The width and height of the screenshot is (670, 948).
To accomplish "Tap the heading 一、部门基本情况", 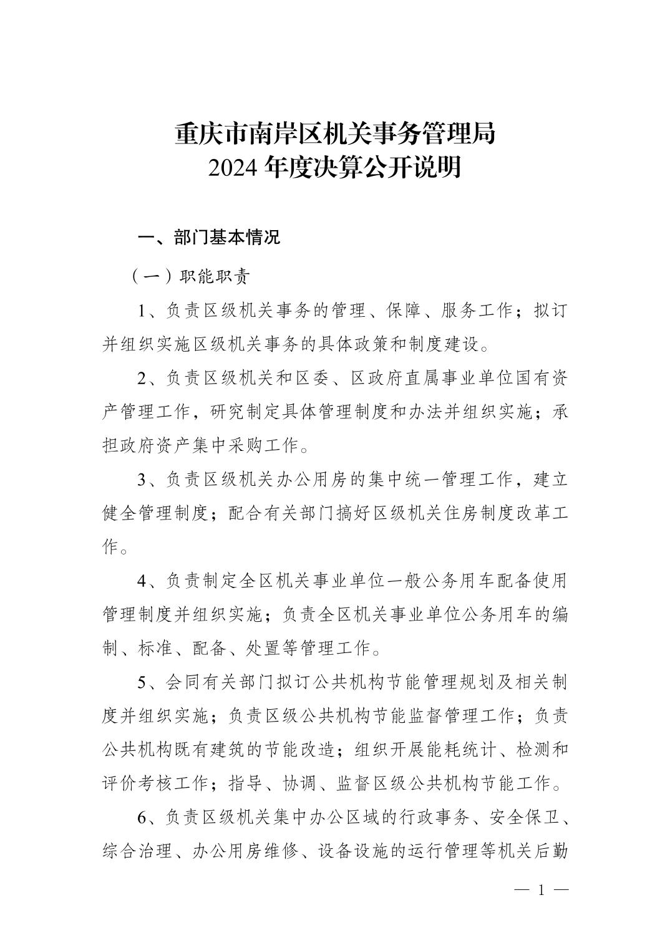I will click(x=209, y=238).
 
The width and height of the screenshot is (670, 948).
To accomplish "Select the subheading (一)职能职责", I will click(x=190, y=277).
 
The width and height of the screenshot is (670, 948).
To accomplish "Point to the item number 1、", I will click(x=150, y=311).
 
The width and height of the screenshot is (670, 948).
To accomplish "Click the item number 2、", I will click(x=150, y=379).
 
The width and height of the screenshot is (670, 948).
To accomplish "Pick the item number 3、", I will click(x=150, y=480).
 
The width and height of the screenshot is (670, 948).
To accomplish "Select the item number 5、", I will click(x=150, y=682).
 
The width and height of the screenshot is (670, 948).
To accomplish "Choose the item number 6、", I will click(x=150, y=816).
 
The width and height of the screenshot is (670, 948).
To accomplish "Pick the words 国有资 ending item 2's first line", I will click(x=540, y=379).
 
